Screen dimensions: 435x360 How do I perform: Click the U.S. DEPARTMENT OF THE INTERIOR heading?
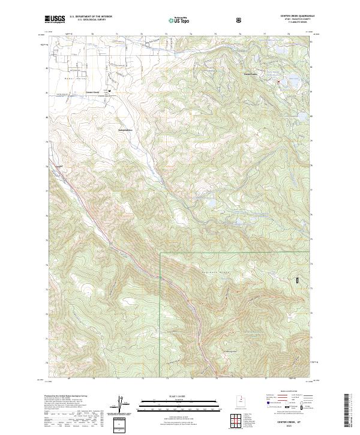coord(92,17)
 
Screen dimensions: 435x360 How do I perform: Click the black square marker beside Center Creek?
coord(110,91)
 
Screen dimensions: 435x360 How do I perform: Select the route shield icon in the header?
coord(239,20)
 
